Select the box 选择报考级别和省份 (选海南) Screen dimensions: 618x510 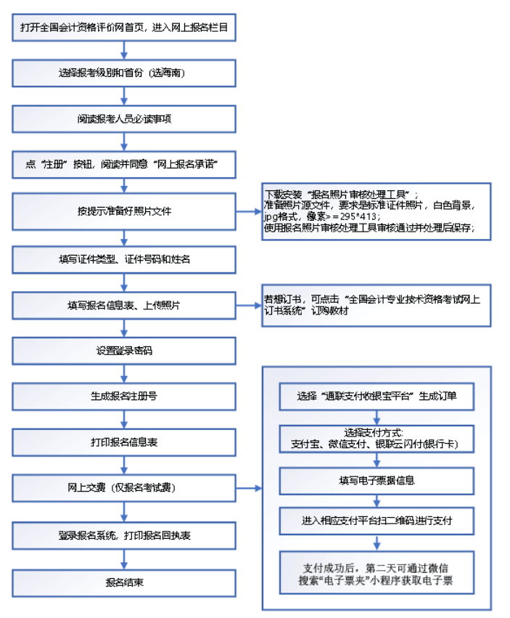click(124, 73)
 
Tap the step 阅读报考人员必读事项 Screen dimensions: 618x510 click(124, 118)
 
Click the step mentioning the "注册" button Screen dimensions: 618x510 click(124, 164)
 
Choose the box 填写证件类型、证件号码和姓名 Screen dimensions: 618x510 click(124, 259)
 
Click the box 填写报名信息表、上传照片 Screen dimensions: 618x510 click(124, 305)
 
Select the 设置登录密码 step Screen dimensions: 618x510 click(124, 351)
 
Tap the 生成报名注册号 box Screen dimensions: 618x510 click(124, 397)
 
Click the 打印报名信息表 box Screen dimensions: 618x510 click(124, 442)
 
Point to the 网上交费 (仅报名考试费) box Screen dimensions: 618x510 click(124, 488)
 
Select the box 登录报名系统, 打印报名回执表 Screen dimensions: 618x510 click(124, 535)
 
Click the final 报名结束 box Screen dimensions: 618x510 click(124, 582)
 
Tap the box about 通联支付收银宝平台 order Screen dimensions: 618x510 click(377, 397)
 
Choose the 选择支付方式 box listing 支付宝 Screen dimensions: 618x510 click(377, 439)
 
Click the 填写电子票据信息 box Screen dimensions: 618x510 click(377, 481)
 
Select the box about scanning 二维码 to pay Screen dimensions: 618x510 click(377, 521)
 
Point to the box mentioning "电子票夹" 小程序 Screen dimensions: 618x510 click(377, 573)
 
